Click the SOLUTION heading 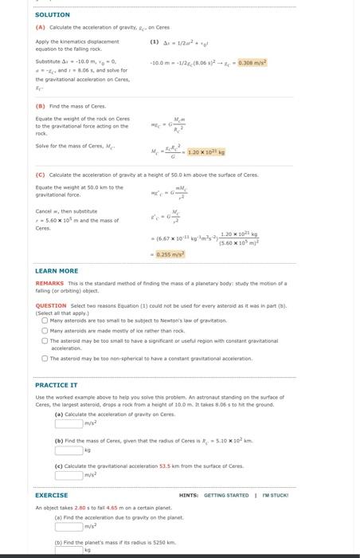pos(53,14)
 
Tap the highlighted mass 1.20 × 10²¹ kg pos(206,151)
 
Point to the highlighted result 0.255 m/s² pos(170,253)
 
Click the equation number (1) pos(154,41)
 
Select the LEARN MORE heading pos(57,271)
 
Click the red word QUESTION pos(51,305)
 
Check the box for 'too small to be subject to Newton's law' pos(45,320)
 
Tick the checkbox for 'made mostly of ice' pos(45,330)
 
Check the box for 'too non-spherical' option pos(45,358)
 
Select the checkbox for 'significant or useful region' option pos(45,340)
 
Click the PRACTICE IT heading pos(56,385)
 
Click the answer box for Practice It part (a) pos(68,422)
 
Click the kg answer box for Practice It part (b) pos(68,450)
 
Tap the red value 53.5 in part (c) pos(166,466)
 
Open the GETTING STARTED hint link pos(226,495)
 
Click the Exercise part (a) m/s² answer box pos(68,526)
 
